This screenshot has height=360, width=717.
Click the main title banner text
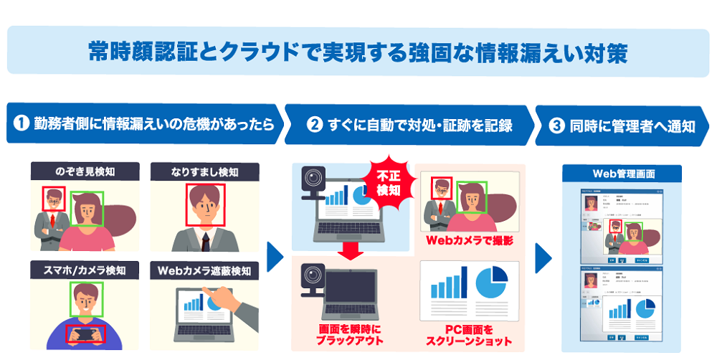tap(358, 51)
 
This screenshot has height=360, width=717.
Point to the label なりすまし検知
tap(205, 173)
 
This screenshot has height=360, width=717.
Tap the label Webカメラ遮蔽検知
tap(205, 271)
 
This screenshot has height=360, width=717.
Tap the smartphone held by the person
tap(85, 333)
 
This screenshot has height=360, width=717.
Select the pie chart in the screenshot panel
tap(491, 281)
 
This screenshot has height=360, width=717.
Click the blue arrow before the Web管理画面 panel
tap(544, 257)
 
